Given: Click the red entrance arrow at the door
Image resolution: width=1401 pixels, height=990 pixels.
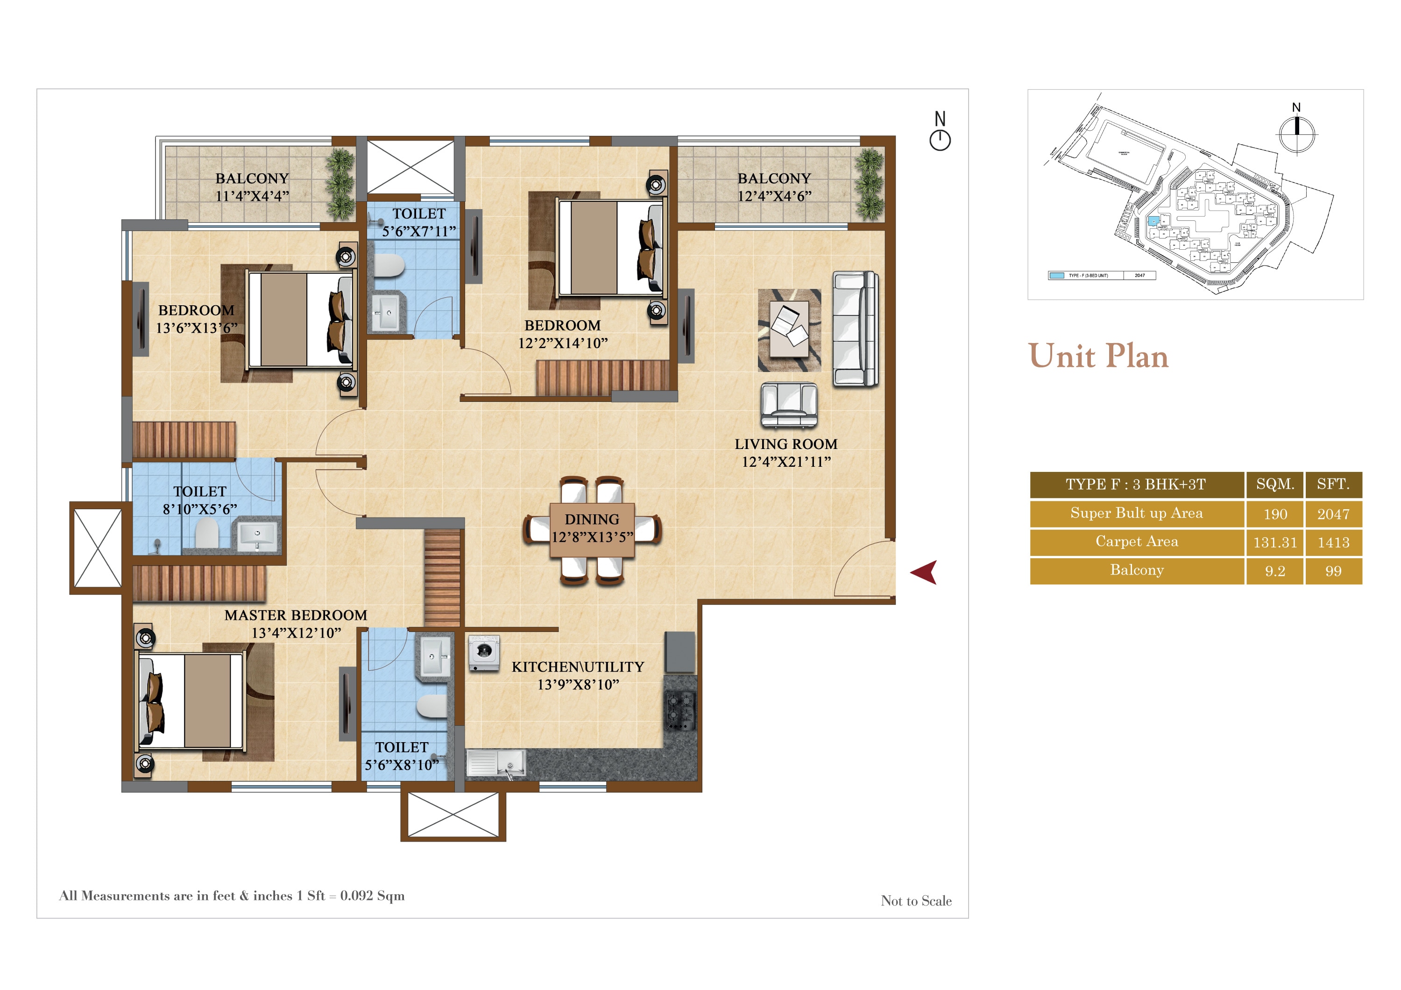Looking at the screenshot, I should pos(925,572).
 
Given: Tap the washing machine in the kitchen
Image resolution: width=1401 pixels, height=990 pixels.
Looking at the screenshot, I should pos(484,653).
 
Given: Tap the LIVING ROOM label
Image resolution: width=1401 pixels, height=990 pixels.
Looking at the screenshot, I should pos(785,444).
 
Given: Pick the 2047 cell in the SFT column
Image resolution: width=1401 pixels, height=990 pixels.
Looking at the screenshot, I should pos(1333,514).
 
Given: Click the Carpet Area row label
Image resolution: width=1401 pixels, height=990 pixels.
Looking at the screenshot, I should pos(1136,541).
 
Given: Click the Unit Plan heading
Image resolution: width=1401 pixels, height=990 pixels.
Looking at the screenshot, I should pos(1098,356).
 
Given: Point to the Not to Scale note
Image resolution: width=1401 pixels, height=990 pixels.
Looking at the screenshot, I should pos(915,900).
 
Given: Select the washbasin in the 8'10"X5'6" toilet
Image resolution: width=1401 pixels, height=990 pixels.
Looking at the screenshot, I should pos(257,535).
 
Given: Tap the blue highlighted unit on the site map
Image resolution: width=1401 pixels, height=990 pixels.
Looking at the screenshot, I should pos(1153,221).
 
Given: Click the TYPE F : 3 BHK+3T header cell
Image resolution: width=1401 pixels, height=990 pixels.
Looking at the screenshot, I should pos(1136,484).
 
